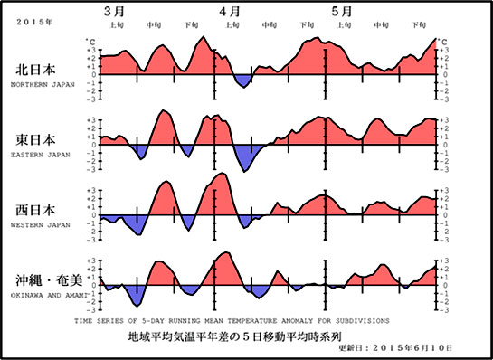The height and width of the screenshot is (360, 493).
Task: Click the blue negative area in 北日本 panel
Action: [x=242, y=81]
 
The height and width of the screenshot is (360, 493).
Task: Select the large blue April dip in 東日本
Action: [x=247, y=156]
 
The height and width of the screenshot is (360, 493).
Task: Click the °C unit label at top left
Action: [x=88, y=41]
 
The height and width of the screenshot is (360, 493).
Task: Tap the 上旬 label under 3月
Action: [x=117, y=25]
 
